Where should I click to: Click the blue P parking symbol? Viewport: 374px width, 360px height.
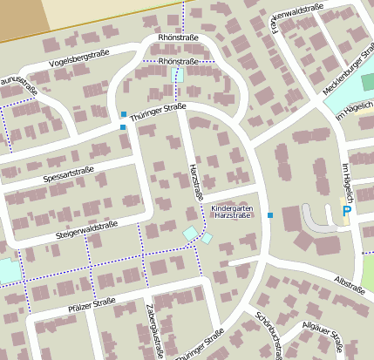coord(346,210)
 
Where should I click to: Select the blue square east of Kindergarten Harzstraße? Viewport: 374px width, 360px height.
coord(270,214)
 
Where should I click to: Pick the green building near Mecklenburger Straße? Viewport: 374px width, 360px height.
coord(367,81)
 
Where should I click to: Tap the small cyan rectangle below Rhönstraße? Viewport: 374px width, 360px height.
coord(180,76)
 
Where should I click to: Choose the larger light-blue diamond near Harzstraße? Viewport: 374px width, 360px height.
coord(190,233)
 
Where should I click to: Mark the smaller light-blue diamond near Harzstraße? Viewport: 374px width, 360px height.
coord(207,237)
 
